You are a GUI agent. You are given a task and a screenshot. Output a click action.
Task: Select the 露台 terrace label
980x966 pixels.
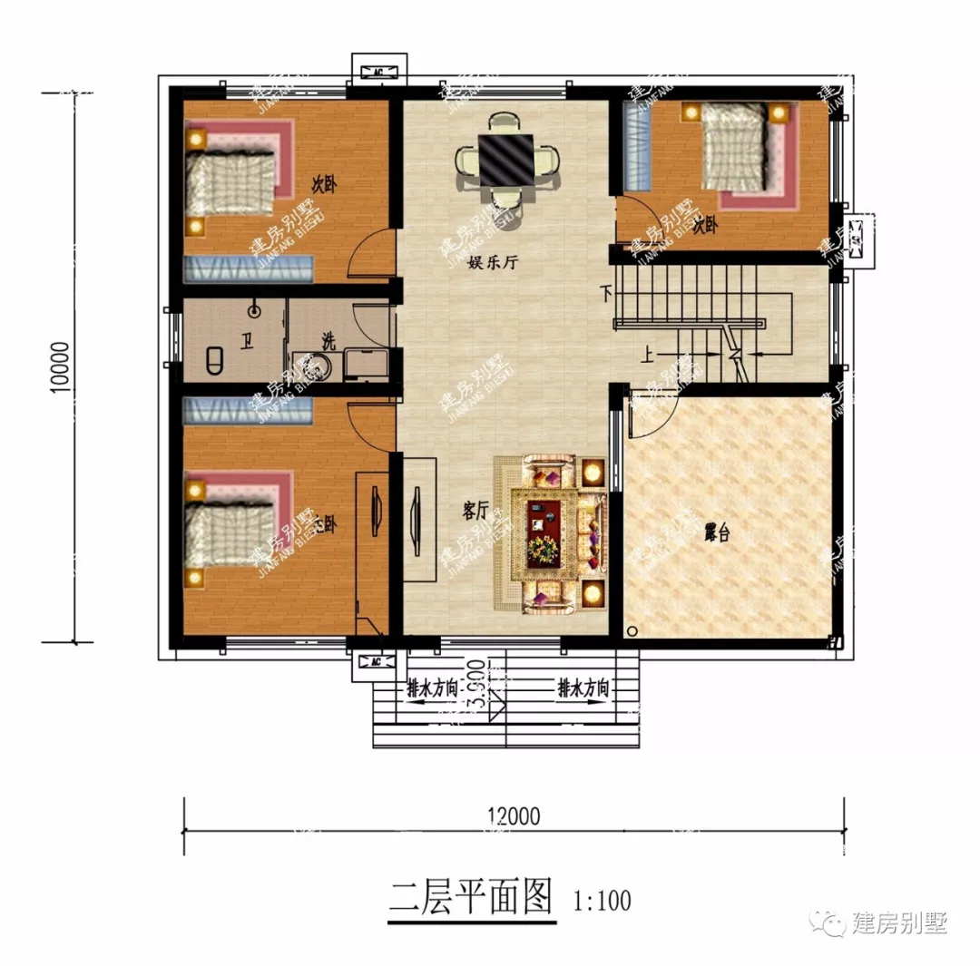coord(717,533)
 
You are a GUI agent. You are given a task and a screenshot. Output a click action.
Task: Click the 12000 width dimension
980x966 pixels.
coord(514,815)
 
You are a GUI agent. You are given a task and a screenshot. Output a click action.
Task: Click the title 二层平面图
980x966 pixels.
coord(470,899)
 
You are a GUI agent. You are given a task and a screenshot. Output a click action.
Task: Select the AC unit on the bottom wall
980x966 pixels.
coord(373,662)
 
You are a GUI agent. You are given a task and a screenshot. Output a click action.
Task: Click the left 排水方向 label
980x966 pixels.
coord(431,688)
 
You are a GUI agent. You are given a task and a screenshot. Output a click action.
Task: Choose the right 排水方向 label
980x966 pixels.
coord(583,688)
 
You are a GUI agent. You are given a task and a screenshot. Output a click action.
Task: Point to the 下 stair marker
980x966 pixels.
coord(607,293)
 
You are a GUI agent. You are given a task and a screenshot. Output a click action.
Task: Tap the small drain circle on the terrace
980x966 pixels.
coord(632,630)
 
